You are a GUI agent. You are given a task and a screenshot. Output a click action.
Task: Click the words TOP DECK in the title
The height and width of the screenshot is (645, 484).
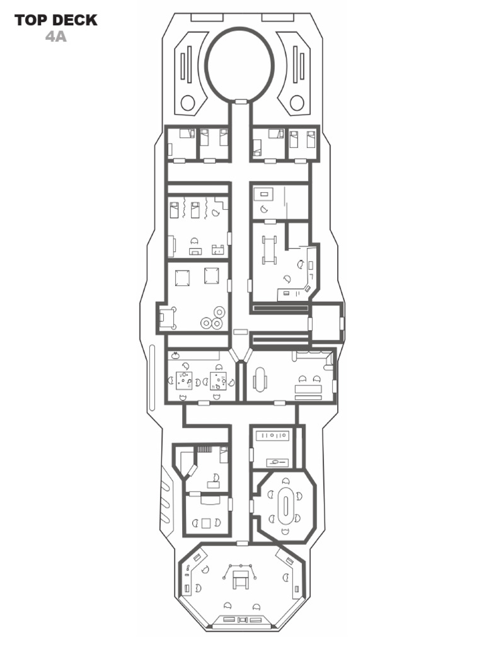pos(56,20)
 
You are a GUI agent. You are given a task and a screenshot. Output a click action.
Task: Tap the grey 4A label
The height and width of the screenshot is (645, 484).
pos(56,37)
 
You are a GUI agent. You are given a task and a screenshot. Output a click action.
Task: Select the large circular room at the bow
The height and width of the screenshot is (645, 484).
pos(239,62)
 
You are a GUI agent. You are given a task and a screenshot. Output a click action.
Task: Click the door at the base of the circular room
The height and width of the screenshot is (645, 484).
pos(241,101)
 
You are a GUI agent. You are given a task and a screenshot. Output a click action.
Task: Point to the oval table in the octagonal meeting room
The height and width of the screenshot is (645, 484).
pos(286,506)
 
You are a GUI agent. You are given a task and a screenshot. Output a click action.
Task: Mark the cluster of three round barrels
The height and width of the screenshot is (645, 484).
pos(212,318)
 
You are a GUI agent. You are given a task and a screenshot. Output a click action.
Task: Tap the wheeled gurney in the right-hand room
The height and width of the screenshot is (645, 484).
pos(270,249)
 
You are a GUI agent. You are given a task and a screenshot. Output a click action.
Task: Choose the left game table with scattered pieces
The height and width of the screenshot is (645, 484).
pos(185,380)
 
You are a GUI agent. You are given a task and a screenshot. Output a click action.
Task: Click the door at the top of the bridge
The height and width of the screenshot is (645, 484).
pos(241,543)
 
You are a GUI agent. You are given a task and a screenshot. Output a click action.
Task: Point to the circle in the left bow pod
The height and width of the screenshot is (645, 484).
pos(188,102)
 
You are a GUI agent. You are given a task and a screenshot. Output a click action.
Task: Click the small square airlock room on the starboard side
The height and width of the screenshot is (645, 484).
pos(326,322)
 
